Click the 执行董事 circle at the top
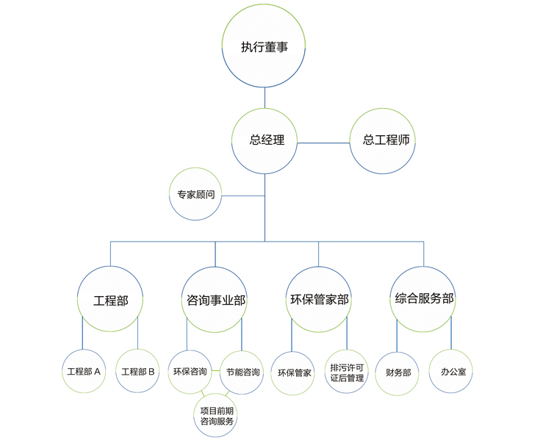tap(264, 46)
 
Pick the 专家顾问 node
tap(195, 195)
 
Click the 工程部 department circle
tap(110, 300)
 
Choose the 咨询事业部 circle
tap(215, 300)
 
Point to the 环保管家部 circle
tap(319, 300)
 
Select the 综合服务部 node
tap(424, 300)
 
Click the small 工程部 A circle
tap(83, 371)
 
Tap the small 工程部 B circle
tap(138, 371)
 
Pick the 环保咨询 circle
tap(190, 371)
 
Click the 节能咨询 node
tap(242, 371)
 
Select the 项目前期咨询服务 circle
tap(216, 415)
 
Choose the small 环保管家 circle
tap(293, 372)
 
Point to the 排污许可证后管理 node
tap(347, 372)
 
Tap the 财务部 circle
tap(397, 372)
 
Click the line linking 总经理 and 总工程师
tap(323, 143)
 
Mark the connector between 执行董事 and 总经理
tap(264, 97)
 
